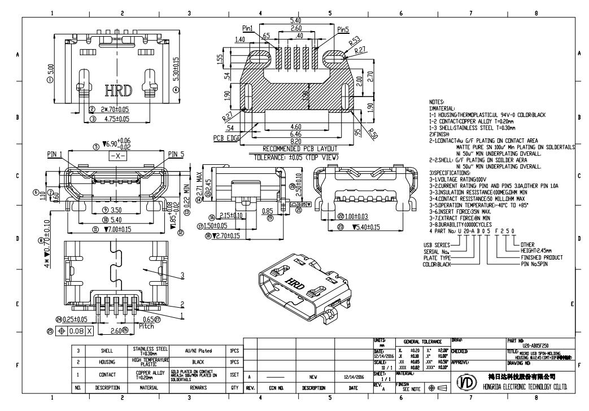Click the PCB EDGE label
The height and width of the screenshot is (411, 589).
[226, 137]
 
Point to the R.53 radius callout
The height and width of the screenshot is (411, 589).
[355, 41]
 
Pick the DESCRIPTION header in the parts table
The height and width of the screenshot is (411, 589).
[107, 388]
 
